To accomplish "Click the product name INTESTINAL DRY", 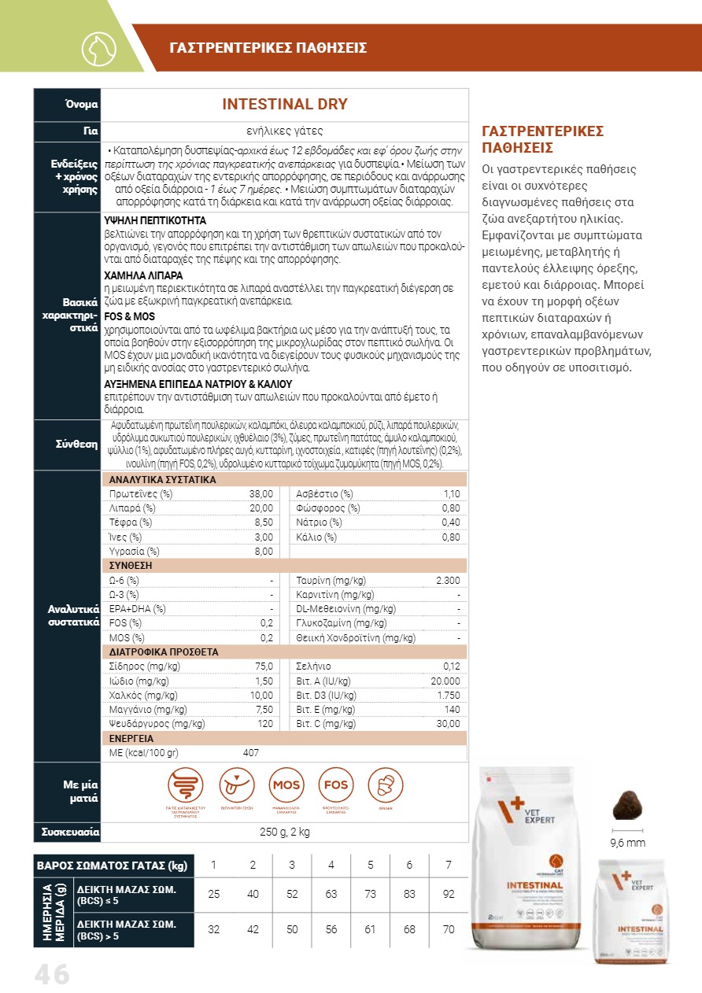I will [x=285, y=105].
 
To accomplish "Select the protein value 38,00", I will [x=261, y=494].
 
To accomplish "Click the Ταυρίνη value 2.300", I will [x=448, y=580].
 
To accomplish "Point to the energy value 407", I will [x=251, y=753].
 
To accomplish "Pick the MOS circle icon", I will [x=286, y=784].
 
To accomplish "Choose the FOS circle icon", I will [x=335, y=784].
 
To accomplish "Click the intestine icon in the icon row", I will [x=186, y=784].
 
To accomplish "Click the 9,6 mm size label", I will [x=628, y=843].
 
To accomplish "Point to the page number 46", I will [x=52, y=975].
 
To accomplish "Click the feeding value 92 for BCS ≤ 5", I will [x=449, y=894].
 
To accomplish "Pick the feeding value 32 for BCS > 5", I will [x=213, y=929].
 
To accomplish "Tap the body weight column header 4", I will [x=331, y=866].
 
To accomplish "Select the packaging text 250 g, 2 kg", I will [x=285, y=832].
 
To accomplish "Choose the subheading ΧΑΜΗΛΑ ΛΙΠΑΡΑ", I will [x=144, y=276].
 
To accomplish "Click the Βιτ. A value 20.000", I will [x=445, y=681].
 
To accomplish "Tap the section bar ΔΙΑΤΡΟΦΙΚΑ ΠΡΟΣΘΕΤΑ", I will [x=164, y=652].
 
